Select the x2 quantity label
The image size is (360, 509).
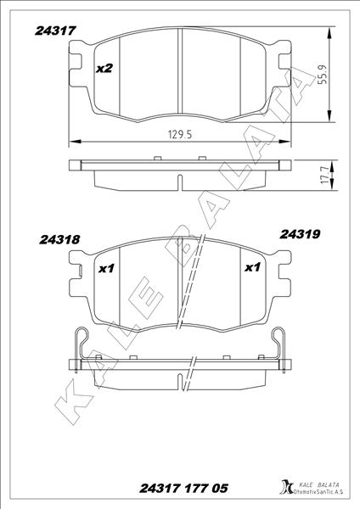(x=104, y=68)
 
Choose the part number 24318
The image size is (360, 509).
(x=59, y=240)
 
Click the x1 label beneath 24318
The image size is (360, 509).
(x=106, y=269)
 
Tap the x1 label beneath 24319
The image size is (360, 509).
(x=251, y=268)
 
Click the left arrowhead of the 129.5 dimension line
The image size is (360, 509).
(x=71, y=141)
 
